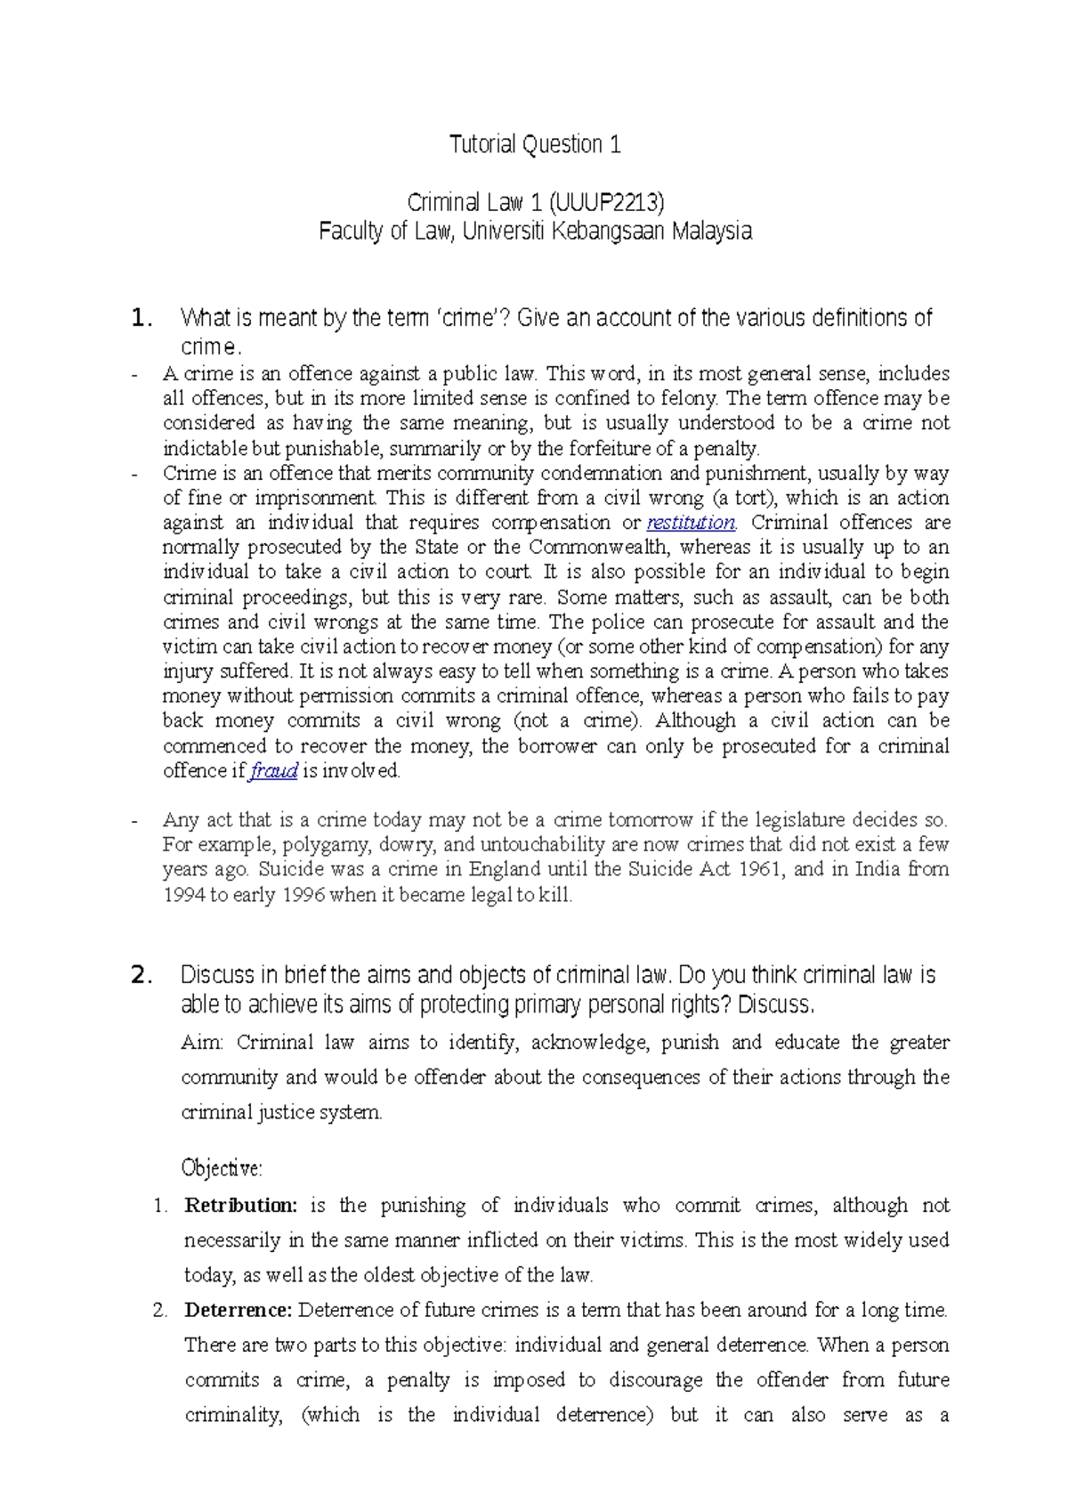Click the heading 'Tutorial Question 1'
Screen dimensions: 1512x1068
(535, 144)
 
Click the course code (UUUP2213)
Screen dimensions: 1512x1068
(611, 203)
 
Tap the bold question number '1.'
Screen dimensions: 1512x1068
(142, 319)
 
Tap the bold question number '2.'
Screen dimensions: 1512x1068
(142, 976)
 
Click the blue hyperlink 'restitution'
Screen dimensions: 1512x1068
(691, 523)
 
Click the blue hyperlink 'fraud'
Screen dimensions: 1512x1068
(273, 771)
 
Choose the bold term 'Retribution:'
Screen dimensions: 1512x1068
(240, 1206)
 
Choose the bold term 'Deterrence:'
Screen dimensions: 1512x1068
(238, 1310)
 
